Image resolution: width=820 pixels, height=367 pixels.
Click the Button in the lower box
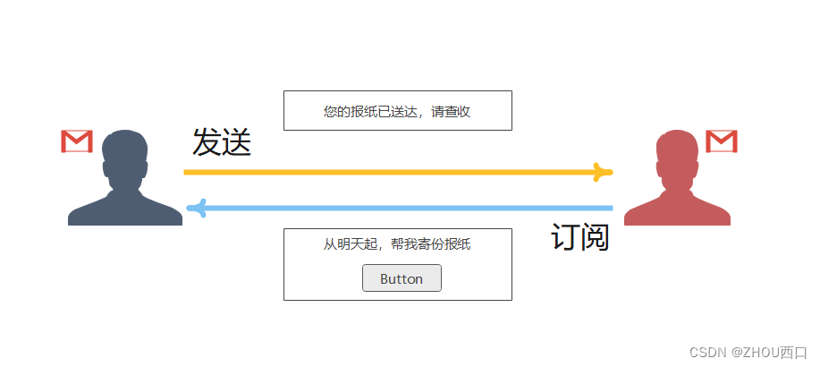[x=402, y=278]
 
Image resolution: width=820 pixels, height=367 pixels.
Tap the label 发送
[x=222, y=143]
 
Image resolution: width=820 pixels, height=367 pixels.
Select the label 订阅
[x=580, y=237]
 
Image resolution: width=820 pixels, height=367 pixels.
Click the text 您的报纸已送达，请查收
[x=397, y=112]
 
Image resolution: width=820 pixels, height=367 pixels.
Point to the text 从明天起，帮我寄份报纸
[x=397, y=244]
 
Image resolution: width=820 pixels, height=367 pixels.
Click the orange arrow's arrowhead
[x=605, y=172]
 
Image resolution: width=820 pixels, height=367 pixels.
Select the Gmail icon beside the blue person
[x=77, y=141]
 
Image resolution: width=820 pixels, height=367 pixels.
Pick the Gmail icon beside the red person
[x=721, y=141]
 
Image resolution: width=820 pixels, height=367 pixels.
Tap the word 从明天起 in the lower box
[x=345, y=244]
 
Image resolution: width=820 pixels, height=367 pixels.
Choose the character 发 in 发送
[x=207, y=143]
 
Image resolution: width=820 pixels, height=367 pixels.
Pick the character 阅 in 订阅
[x=596, y=237]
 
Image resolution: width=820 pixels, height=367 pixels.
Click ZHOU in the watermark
[x=756, y=353]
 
